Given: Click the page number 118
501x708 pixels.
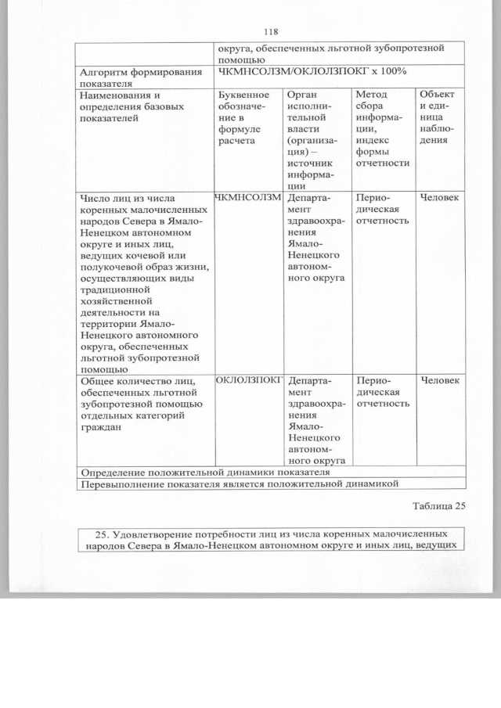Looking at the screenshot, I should pyautogui.click(x=272, y=32).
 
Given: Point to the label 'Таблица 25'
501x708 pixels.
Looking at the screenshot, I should pyautogui.click(x=438, y=505).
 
